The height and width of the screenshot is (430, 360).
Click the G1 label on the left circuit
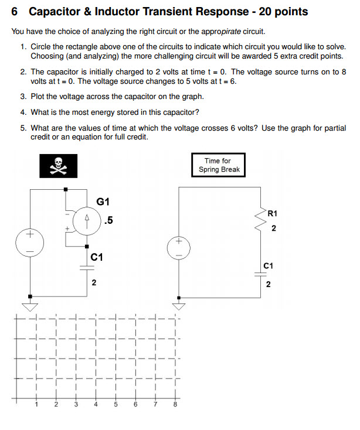tap(103, 202)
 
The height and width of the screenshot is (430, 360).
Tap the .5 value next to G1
tap(107, 221)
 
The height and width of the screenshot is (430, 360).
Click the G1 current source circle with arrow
tap(87, 221)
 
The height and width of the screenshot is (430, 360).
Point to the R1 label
tap(272, 214)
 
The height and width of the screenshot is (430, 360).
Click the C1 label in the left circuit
tap(97, 257)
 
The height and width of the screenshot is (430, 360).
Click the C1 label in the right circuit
tap(269, 265)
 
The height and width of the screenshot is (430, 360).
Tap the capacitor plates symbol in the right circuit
tap(260, 274)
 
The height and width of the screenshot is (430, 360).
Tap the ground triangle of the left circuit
tap(30, 306)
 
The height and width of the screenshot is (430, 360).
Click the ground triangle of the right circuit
tap(178, 305)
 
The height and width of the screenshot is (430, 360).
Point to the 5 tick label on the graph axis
tap(116, 404)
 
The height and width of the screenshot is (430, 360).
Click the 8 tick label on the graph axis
tap(175, 404)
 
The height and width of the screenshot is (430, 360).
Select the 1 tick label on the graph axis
tap(36, 404)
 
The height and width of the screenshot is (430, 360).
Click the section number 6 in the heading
tap(15, 12)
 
